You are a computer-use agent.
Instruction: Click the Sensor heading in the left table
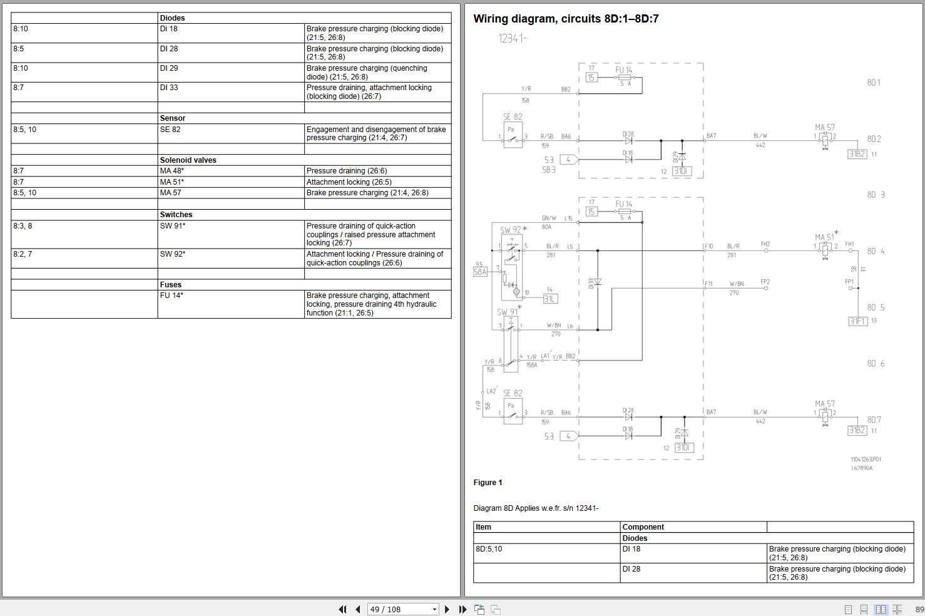173,118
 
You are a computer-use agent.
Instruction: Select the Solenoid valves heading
188,160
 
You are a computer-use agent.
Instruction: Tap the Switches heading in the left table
176,215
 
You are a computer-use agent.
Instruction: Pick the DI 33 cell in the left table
169,88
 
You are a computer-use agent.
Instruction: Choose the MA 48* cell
172,171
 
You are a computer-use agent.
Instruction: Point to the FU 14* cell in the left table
172,295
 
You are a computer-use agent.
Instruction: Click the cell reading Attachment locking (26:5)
349,182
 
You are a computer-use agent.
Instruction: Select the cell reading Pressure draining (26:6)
344,171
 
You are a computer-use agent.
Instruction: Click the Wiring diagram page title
566,19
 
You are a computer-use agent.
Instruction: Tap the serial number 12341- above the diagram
513,38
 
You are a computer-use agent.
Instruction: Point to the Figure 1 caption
488,483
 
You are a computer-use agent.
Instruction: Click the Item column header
484,527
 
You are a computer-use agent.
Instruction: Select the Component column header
643,527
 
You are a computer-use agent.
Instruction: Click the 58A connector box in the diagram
480,272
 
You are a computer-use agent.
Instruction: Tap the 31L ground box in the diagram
549,299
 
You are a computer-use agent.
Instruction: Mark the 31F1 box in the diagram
857,321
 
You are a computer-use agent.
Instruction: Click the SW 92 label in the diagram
511,230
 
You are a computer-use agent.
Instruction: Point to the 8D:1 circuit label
874,83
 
